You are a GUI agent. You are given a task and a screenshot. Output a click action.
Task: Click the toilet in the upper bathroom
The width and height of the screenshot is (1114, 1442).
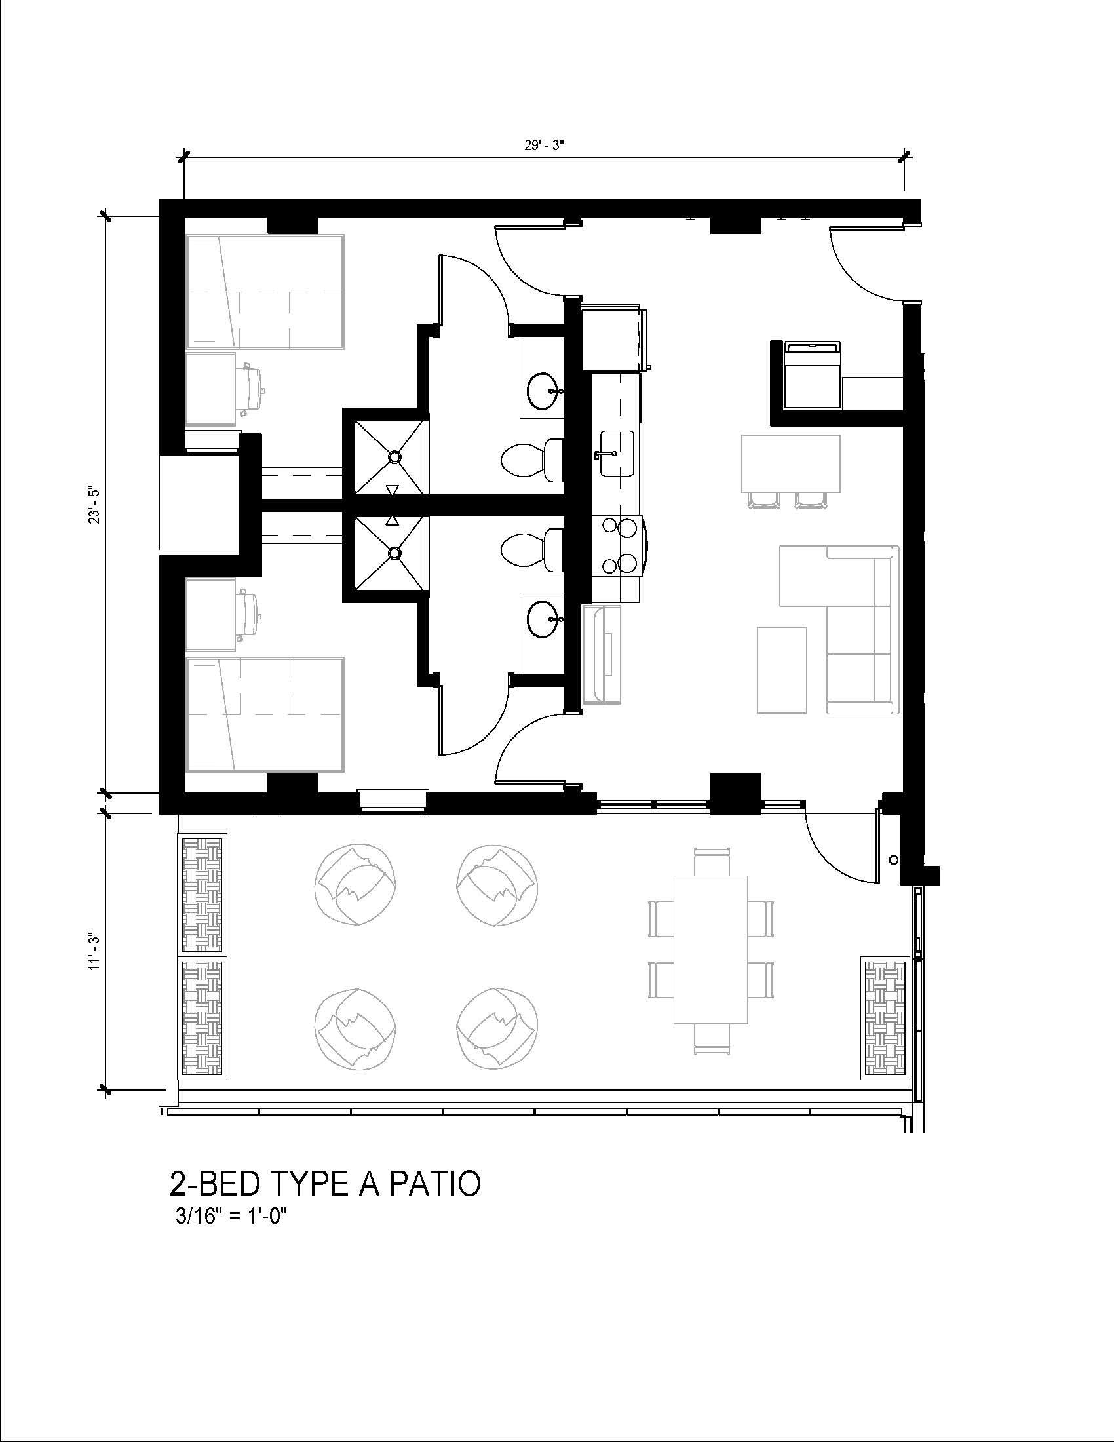[532, 459]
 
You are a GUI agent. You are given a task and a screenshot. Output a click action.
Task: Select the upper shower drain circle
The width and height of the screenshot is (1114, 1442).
[394, 456]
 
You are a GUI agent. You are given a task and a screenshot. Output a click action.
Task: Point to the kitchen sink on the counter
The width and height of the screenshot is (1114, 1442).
[617, 453]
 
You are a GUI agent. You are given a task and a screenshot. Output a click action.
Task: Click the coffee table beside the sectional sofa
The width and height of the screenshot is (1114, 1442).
[782, 670]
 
